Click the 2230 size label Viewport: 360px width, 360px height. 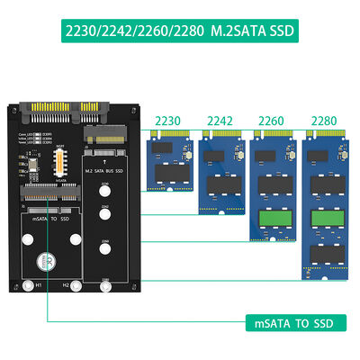(169, 121)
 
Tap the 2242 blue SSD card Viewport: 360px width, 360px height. (220, 175)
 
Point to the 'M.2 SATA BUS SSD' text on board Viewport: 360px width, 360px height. (106, 171)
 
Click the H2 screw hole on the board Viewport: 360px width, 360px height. (75, 287)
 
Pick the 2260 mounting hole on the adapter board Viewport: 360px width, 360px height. (106, 245)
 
